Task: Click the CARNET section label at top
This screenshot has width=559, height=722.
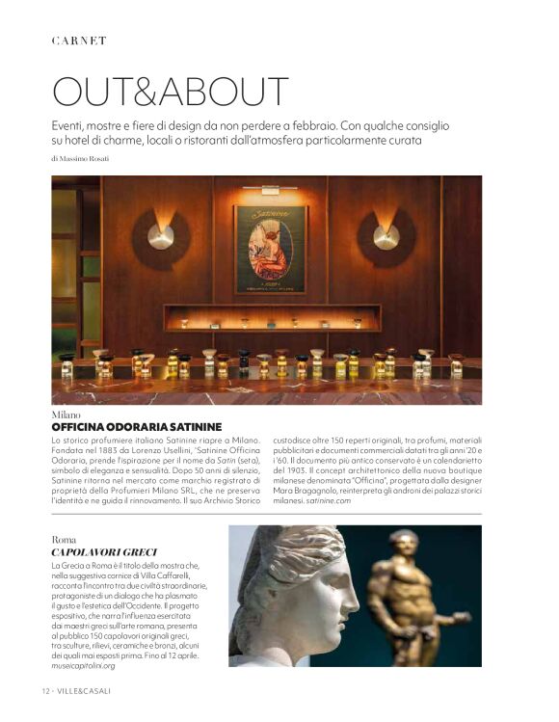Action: click(x=79, y=40)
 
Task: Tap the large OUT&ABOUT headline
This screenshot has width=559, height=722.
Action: click(x=170, y=92)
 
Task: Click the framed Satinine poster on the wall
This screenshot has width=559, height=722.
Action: click(x=270, y=249)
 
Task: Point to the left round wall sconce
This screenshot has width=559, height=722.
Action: click(x=160, y=235)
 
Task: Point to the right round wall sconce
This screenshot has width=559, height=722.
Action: click(x=386, y=235)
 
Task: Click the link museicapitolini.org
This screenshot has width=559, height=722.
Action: click(x=83, y=665)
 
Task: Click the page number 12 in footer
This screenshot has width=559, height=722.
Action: click(x=46, y=692)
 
